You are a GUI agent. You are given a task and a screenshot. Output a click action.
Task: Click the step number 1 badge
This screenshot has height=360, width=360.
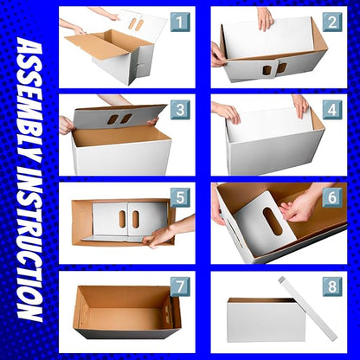coord(180,22)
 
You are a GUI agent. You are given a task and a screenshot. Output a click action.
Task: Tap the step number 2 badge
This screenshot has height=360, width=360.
coord(332,22)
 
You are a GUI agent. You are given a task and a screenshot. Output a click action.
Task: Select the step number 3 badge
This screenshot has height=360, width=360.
coord(180,110)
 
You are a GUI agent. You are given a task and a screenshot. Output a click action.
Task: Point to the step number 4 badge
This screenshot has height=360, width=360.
coord(332,110)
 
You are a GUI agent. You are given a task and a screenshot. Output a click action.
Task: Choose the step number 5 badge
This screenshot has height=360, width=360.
coord(180,197)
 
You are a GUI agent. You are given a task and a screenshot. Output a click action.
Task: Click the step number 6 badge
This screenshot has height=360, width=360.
coord(332,197)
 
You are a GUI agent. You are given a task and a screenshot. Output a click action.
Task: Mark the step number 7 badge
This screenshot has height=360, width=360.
coord(180,286)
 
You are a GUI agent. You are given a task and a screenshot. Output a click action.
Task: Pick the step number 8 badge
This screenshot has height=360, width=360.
coord(332,286)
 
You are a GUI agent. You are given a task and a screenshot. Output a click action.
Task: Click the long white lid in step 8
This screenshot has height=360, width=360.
coord(307,307)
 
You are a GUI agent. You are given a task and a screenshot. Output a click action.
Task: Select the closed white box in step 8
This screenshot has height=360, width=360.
coord(266,320)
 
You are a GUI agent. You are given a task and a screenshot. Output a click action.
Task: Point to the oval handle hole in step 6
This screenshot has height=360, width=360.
coord(273,221)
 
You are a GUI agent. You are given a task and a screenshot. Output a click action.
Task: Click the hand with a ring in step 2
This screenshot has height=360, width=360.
coord(265,19)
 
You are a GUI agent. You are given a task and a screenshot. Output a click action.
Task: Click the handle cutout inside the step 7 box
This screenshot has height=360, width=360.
coord(168,312)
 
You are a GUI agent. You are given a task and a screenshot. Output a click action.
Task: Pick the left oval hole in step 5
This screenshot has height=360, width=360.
coord(122,219)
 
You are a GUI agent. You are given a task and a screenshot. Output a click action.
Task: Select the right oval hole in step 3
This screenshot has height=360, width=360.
coord(126,119)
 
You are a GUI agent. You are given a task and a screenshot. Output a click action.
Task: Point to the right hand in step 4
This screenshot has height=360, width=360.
coord(300,105)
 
